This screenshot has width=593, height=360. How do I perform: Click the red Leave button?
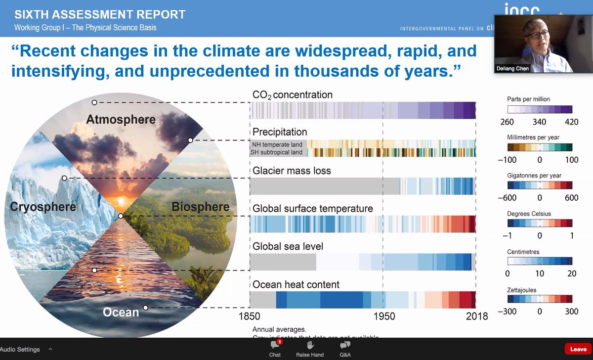tap(578, 349)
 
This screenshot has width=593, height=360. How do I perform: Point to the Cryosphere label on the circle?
tap(43, 206)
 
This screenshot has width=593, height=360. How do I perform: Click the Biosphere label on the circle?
tap(201, 206)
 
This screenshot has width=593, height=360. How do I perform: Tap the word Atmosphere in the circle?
tap(121, 119)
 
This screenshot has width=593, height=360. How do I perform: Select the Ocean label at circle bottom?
tap(121, 312)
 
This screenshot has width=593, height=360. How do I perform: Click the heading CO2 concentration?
tap(292, 94)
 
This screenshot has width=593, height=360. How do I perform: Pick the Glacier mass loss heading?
tap(292, 171)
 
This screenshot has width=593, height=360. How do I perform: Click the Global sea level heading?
tap(288, 246)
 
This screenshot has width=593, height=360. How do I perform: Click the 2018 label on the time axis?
tap(476, 316)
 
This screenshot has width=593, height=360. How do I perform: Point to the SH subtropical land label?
tap(277, 152)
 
